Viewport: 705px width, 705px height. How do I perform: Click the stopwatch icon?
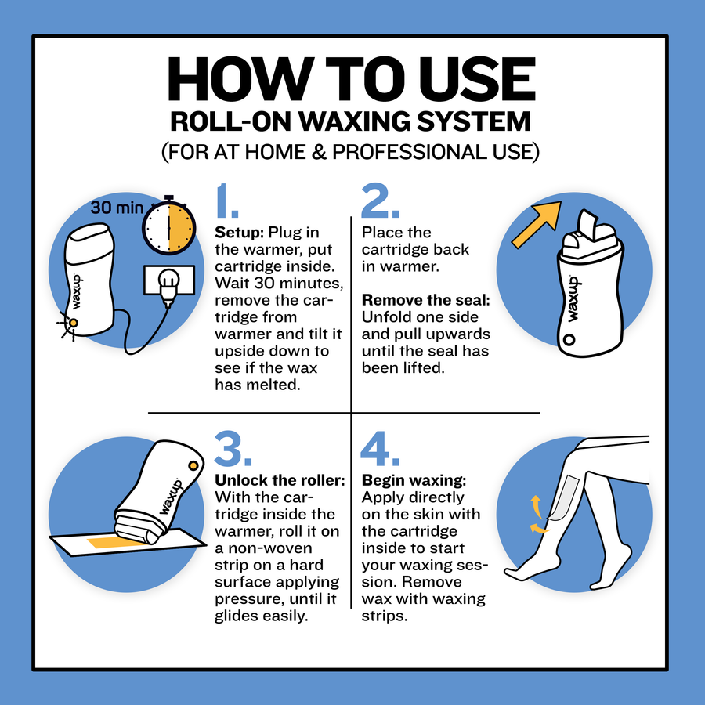tap(169, 227)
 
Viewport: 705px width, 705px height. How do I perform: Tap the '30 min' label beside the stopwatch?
tap(117, 208)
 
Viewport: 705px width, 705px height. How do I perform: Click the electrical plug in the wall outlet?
tap(168, 287)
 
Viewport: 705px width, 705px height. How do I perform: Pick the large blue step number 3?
tap(233, 448)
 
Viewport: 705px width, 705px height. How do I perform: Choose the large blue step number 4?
tap(380, 448)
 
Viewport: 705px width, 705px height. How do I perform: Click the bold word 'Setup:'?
tap(239, 233)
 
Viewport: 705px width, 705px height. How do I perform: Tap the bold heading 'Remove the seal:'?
tap(426, 300)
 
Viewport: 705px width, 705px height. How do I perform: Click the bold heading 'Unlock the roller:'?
tap(280, 480)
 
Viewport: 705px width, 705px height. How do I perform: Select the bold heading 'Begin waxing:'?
tap(414, 481)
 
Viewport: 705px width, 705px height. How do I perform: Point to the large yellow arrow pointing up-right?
tap(537, 224)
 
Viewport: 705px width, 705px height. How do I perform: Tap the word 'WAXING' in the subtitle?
tap(355, 121)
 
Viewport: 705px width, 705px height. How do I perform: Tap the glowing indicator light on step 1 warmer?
tap(73, 323)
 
